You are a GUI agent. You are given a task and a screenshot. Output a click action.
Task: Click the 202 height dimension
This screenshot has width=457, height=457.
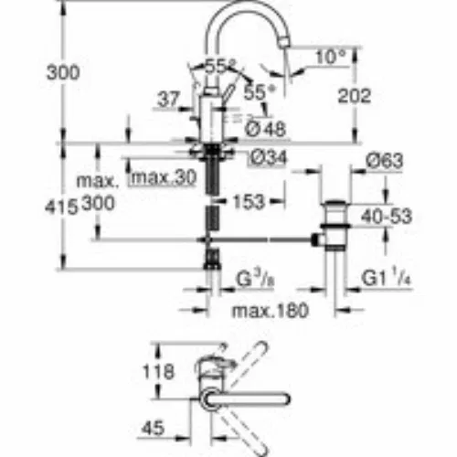355,96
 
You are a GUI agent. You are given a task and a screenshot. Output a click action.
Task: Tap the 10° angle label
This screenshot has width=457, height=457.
331,58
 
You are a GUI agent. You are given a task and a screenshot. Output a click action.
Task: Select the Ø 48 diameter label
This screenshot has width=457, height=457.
265,129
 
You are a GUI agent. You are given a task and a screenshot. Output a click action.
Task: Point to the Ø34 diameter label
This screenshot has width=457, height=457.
268,157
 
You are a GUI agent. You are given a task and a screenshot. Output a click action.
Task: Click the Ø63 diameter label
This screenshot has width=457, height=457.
385,161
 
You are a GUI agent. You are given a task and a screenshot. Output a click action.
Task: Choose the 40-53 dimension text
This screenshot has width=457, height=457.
387,217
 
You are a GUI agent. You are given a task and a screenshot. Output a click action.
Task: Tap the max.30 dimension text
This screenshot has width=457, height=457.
164,177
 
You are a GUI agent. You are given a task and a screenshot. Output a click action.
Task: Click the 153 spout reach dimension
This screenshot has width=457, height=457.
249,202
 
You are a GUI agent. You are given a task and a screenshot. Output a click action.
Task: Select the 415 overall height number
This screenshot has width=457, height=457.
61,208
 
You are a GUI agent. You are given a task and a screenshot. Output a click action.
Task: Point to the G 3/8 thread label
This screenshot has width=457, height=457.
256,279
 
